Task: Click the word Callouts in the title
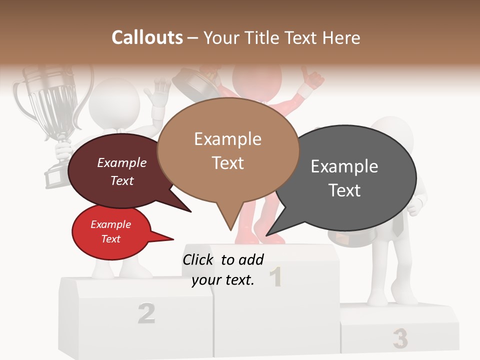[x=147, y=37]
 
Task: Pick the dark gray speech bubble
[x=350, y=177]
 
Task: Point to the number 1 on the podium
[x=275, y=277]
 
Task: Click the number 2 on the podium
[x=146, y=313]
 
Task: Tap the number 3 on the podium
[x=399, y=338]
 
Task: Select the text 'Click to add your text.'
[x=223, y=270]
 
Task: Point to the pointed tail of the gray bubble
[x=272, y=230]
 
